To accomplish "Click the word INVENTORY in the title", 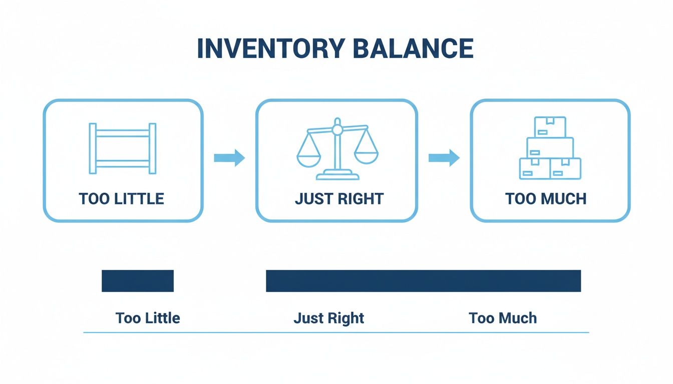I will [x=270, y=48].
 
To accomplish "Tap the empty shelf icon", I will [x=122, y=148].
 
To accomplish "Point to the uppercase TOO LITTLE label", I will [x=122, y=198].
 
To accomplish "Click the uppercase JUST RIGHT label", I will [x=339, y=198].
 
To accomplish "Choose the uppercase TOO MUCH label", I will [x=546, y=198].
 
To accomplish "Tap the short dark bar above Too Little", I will [x=138, y=280].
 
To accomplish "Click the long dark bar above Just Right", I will [x=423, y=280].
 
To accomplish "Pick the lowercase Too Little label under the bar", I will [x=148, y=317].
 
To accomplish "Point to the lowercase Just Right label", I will [x=329, y=317].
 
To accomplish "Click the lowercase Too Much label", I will [x=503, y=317].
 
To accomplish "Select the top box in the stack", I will [x=550, y=127].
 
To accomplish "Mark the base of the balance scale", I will [x=338, y=175].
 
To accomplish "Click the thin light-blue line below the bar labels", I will [x=335, y=332].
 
